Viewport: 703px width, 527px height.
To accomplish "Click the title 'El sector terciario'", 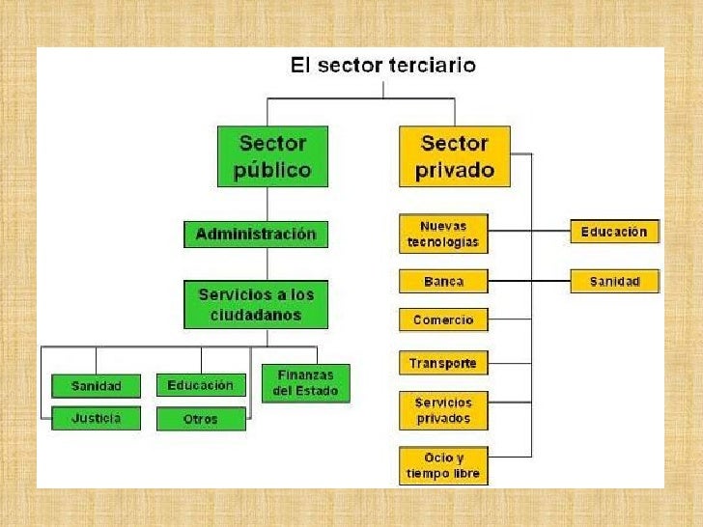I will (x=383, y=67).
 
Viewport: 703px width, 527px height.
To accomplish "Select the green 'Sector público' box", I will (x=272, y=156).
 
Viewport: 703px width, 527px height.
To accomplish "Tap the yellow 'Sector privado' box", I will (x=454, y=156).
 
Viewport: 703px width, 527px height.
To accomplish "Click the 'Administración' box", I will (x=256, y=235).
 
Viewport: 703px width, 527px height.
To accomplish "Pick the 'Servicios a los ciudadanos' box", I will (x=256, y=304).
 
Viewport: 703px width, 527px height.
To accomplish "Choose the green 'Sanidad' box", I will (x=97, y=386).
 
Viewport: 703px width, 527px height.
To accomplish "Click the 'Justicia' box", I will (x=97, y=419).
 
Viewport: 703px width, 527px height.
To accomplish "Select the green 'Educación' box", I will (x=201, y=385).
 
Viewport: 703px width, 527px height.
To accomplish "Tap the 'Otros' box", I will (x=201, y=419).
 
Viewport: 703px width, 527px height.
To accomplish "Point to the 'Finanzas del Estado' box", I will (x=305, y=383).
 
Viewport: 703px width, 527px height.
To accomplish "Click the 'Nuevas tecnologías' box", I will (x=443, y=235).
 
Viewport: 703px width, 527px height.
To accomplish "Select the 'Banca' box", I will (x=443, y=282).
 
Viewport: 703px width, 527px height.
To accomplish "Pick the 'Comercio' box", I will (x=443, y=319).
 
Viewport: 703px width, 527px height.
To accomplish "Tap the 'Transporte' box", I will (x=443, y=364).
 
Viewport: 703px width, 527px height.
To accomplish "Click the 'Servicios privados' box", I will (x=443, y=410).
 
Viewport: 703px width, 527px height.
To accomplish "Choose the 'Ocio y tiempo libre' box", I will (x=443, y=465).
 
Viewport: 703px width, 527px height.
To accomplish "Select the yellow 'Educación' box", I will (x=614, y=232).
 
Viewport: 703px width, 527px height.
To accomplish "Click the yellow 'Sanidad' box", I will (x=614, y=282).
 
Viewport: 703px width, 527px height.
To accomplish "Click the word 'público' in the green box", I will (x=272, y=171).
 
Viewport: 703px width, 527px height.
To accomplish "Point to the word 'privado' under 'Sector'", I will (x=454, y=171).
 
